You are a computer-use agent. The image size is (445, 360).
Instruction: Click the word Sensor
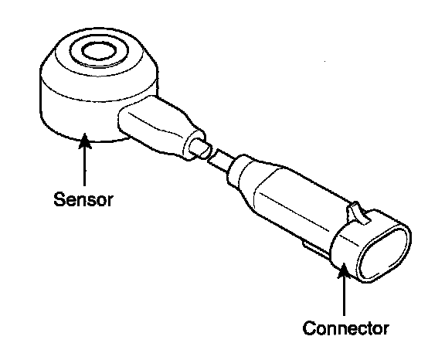(83, 199)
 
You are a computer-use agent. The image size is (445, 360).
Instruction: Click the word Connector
(345, 328)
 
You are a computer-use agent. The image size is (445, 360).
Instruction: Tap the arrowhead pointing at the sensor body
(84, 141)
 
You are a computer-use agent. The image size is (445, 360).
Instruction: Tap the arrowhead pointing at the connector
(344, 270)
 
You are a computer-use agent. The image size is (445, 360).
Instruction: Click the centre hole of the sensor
(99, 51)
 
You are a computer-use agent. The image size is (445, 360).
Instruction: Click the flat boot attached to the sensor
(159, 125)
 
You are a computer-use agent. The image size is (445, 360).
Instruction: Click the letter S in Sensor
(59, 199)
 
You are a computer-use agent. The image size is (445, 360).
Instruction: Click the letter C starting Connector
(308, 328)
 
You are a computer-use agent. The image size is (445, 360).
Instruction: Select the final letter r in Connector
(385, 330)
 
